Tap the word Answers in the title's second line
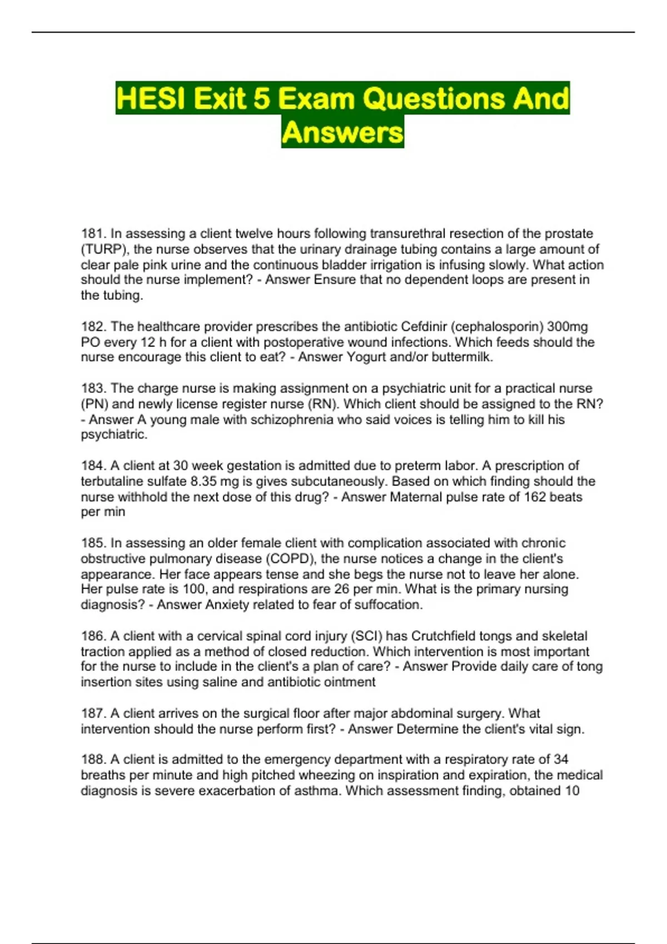point(342,133)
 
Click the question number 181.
point(93,234)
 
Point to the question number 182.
point(93,327)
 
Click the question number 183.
point(93,388)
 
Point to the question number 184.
point(93,465)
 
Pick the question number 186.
point(93,636)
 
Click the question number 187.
point(93,714)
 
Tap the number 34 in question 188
point(561,760)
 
